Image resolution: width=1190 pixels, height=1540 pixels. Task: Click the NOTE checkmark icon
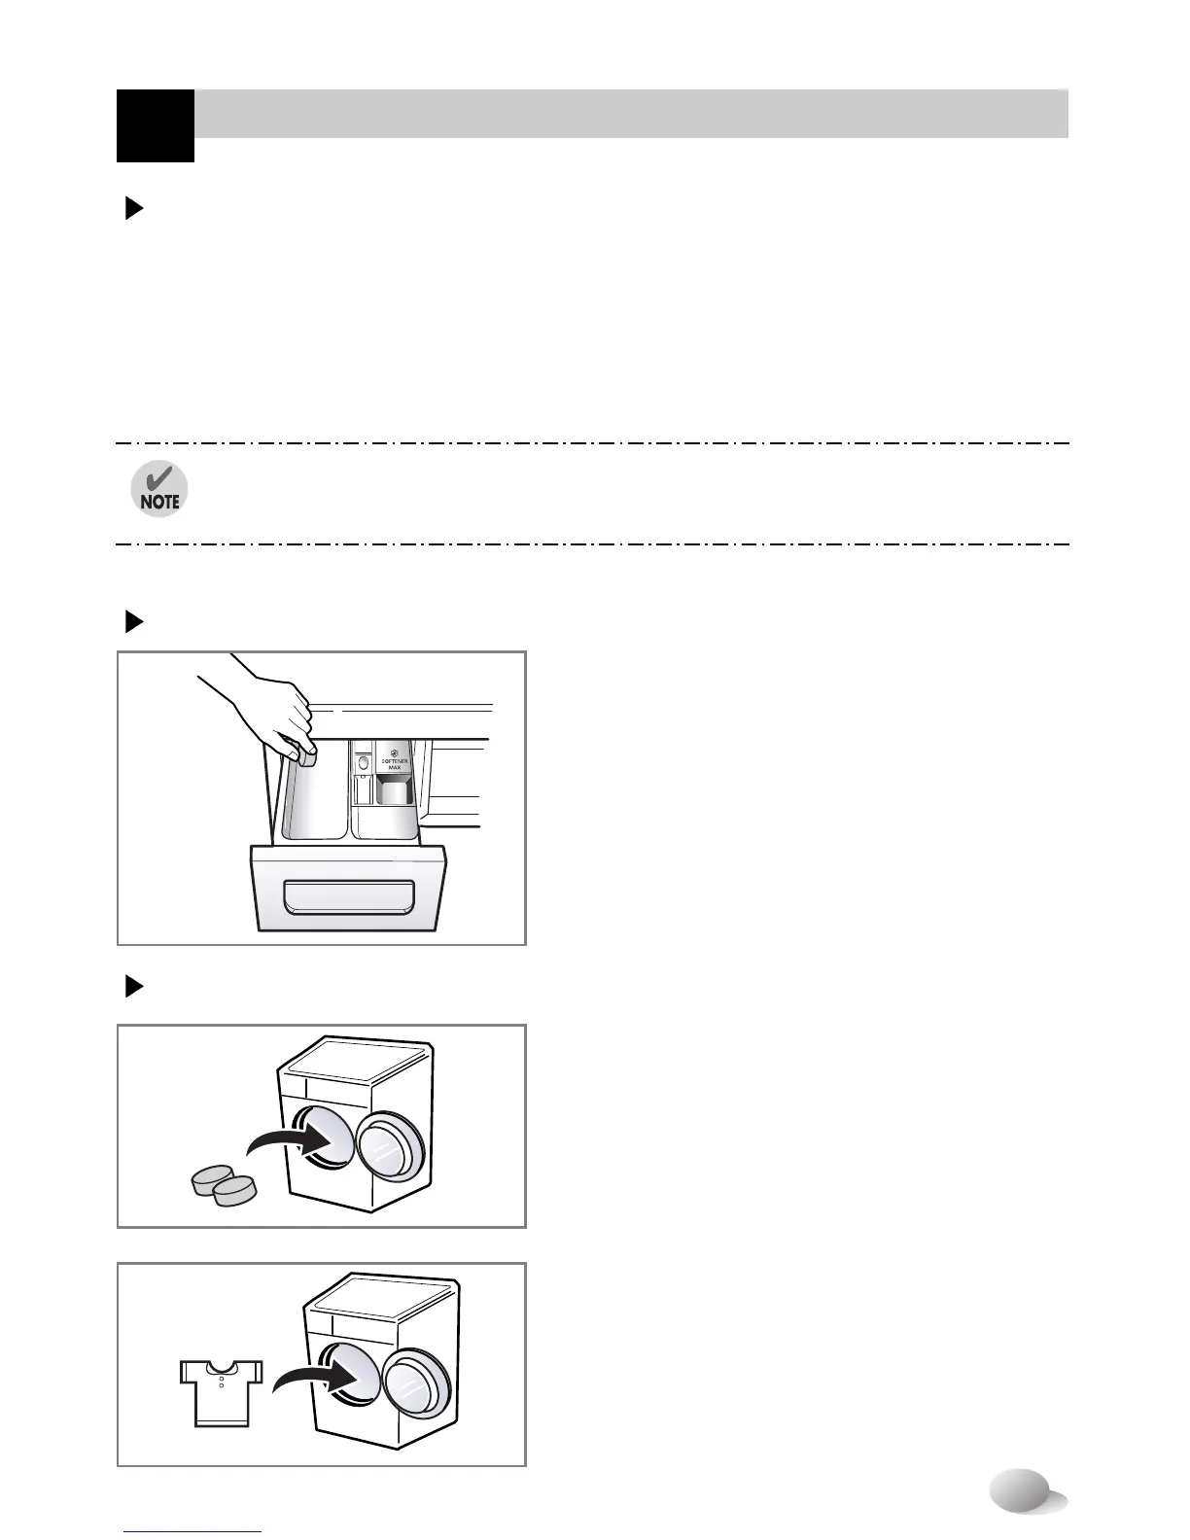[x=159, y=489]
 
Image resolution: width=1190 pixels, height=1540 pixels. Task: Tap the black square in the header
[x=155, y=125]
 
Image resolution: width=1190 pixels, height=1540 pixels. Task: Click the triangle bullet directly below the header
[x=134, y=209]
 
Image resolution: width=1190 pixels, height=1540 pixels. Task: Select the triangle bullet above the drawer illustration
[x=134, y=622]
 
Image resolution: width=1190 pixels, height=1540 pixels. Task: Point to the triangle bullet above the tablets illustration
[x=134, y=988]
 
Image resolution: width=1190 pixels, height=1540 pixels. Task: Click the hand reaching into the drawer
[x=262, y=710]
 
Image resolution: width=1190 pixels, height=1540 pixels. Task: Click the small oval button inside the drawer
[x=364, y=764]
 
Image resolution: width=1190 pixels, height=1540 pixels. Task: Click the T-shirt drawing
[x=222, y=1390]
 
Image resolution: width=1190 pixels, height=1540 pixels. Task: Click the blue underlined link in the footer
[x=193, y=1531]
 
